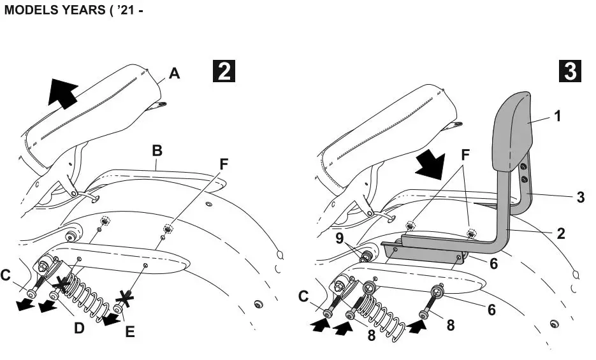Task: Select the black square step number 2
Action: pyautogui.click(x=224, y=70)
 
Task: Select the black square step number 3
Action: pyautogui.click(x=569, y=71)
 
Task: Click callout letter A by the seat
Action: pyautogui.click(x=175, y=75)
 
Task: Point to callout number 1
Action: pyautogui.click(x=558, y=117)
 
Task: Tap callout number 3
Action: pyautogui.click(x=580, y=197)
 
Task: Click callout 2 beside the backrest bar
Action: pyautogui.click(x=560, y=233)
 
